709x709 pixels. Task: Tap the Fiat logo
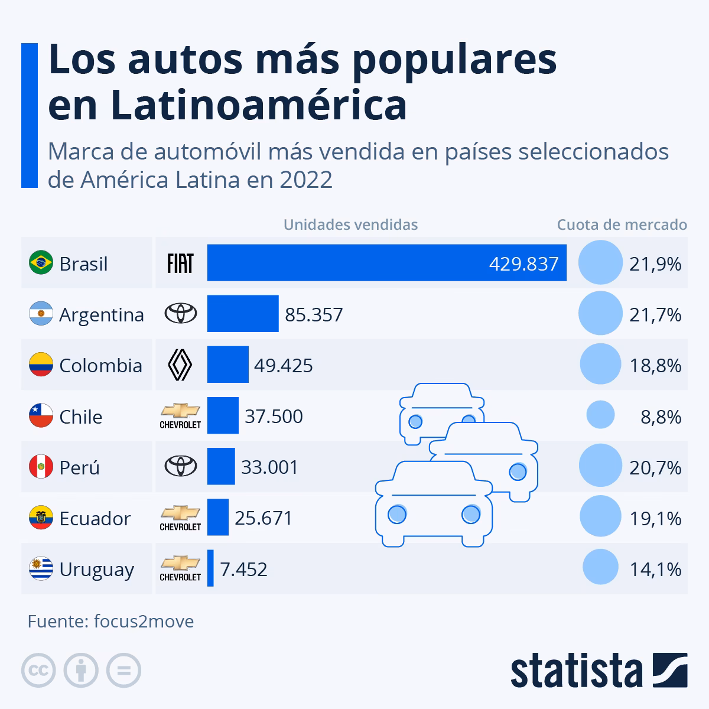point(180,263)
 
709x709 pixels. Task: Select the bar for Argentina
point(242,314)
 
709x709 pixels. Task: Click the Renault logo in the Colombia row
point(180,365)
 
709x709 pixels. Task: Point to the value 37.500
point(274,417)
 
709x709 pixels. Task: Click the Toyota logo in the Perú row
point(180,467)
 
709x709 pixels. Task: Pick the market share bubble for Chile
point(600,415)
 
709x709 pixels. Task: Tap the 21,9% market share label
point(655,264)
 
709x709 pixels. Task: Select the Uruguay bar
point(210,568)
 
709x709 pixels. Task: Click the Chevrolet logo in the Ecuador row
point(180,518)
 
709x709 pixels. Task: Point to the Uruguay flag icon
point(41,569)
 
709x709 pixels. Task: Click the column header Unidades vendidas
point(350,225)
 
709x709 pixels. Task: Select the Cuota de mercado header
point(622,225)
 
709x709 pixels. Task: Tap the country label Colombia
point(100,366)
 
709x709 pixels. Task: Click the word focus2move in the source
point(144,622)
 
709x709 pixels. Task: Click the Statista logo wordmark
point(577,671)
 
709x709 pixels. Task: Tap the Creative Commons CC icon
point(38,671)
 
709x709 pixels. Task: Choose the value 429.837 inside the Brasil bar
point(523,264)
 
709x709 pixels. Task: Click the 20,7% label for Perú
point(655,468)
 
